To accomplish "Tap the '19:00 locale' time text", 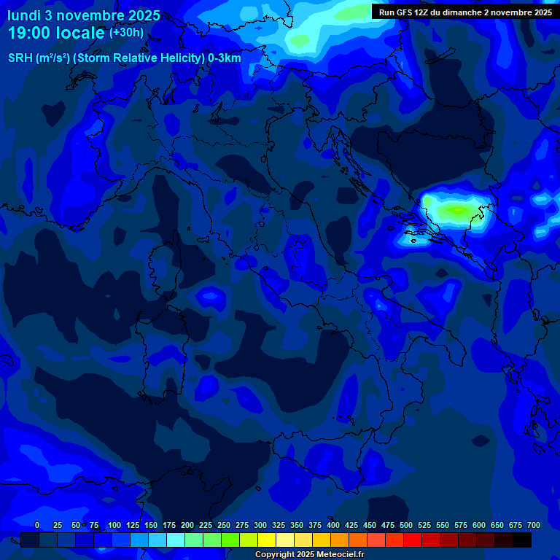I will point(56,33).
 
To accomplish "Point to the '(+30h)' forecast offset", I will point(126,33).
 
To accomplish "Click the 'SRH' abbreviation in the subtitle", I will point(20,58).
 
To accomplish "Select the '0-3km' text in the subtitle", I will point(225,58).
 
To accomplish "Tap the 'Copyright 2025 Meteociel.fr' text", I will point(310,554).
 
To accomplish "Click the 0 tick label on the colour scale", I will point(37,525).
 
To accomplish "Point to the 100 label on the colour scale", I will point(114,525).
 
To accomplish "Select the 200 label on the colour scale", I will point(187,525).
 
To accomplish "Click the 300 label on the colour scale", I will point(260,525).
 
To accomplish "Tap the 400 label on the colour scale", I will point(333,525).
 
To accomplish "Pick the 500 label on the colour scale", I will point(406,525).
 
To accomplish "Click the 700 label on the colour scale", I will point(534,525).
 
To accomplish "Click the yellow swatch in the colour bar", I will point(267,540).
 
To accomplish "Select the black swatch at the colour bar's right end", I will point(522,540).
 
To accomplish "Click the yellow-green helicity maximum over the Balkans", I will point(458,211).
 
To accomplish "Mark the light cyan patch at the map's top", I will point(314,33).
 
